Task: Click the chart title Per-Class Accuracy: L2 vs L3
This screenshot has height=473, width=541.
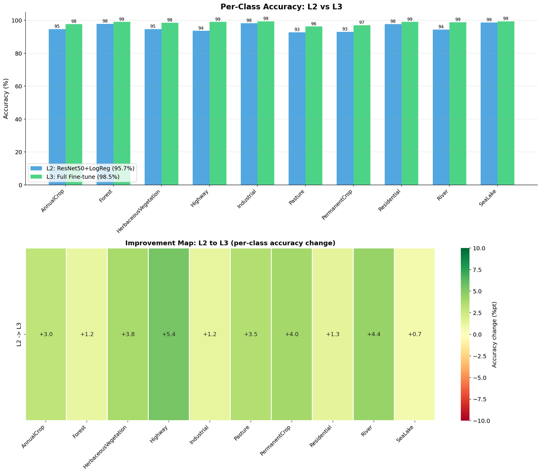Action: click(x=281, y=7)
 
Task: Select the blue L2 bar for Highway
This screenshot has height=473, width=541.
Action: click(x=201, y=108)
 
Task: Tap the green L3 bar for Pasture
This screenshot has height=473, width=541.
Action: click(x=314, y=106)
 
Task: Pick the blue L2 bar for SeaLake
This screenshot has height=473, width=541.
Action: click(x=489, y=104)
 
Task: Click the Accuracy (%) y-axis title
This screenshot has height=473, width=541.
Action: click(x=6, y=98)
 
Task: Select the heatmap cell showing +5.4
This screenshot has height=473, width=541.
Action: click(x=169, y=334)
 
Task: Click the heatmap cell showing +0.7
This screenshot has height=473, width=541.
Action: click(x=414, y=334)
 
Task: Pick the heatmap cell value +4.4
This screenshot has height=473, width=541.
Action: click(x=373, y=334)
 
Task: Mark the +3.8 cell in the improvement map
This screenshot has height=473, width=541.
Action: click(x=128, y=334)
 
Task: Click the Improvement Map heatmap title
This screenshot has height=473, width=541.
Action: click(x=230, y=243)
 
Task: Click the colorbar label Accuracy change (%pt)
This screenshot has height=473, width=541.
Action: click(x=495, y=334)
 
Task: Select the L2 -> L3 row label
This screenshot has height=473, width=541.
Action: click(x=19, y=334)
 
